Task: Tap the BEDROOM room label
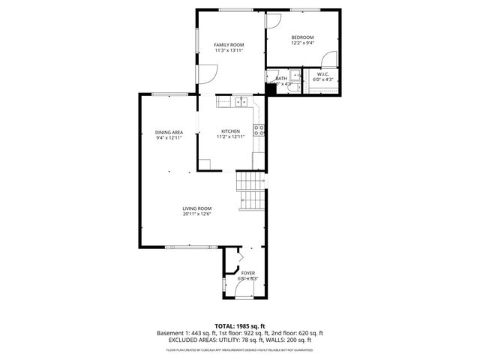(x=302, y=37)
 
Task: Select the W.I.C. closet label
(x=322, y=74)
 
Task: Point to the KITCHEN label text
(x=229, y=131)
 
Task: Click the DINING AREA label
(x=169, y=133)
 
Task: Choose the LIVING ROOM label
(x=196, y=208)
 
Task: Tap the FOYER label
(x=247, y=273)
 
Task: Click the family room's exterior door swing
(x=207, y=73)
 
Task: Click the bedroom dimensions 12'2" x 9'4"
(x=302, y=43)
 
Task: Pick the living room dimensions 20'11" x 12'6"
(x=196, y=214)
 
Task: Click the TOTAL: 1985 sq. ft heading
(x=239, y=325)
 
